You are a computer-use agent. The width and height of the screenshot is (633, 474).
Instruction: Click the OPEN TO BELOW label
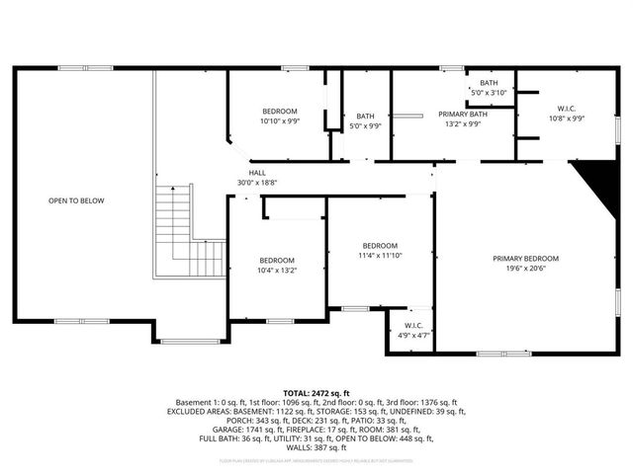pyautogui.click(x=76, y=200)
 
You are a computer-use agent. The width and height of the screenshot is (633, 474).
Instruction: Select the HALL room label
pyautogui.click(x=256, y=173)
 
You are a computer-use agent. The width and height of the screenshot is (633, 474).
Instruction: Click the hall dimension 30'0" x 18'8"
pyautogui.click(x=256, y=183)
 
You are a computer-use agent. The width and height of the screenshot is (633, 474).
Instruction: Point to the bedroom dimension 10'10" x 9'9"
pyautogui.click(x=279, y=121)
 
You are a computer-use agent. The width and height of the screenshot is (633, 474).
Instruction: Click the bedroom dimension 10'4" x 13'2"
pyautogui.click(x=277, y=270)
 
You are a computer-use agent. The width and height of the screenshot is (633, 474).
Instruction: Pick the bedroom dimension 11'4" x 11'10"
pyautogui.click(x=380, y=255)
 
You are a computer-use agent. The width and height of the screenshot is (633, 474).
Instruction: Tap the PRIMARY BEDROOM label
pyautogui.click(x=533, y=259)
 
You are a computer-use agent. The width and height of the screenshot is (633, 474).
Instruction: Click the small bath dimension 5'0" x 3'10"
pyautogui.click(x=489, y=93)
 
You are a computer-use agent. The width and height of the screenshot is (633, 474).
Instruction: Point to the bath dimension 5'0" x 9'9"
pyautogui.click(x=365, y=126)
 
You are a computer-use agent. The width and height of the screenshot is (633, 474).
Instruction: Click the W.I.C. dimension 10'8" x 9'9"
pyautogui.click(x=567, y=118)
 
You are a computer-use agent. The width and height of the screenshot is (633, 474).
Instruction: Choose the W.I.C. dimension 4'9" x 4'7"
pyautogui.click(x=413, y=336)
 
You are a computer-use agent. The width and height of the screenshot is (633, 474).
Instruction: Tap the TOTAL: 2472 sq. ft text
pyautogui.click(x=316, y=393)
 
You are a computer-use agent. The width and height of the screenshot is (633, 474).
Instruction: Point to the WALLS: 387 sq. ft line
pyautogui.click(x=316, y=447)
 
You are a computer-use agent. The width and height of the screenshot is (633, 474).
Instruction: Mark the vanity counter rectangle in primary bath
pyautogui.click(x=405, y=117)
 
